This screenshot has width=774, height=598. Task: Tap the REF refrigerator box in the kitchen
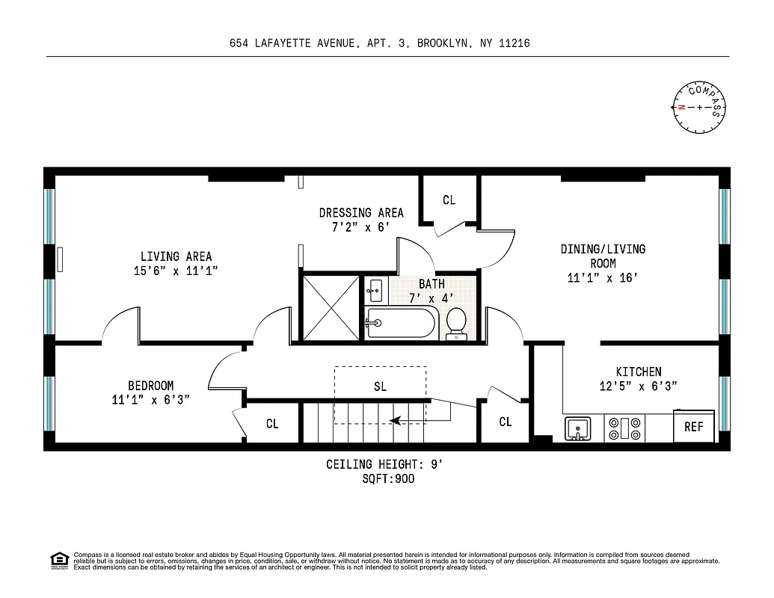click(x=693, y=427)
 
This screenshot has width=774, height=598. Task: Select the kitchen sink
click(x=577, y=429)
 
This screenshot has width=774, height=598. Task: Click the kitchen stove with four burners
click(x=624, y=428)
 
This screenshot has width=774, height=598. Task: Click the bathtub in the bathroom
click(x=400, y=323)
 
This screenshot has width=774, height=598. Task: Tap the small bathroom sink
click(x=375, y=288)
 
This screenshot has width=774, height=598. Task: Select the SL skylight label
click(x=380, y=386)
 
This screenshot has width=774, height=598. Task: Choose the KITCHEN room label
click(x=638, y=372)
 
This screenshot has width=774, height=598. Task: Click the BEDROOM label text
click(x=150, y=386)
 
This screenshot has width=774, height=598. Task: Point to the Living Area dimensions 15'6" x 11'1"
click(x=176, y=271)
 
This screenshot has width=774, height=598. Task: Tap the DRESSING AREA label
click(x=361, y=212)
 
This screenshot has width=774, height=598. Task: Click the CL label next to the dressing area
click(x=449, y=200)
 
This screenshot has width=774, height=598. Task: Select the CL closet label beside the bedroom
click(x=272, y=424)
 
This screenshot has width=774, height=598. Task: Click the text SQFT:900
click(x=387, y=478)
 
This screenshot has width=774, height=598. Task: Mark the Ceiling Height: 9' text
click(x=384, y=464)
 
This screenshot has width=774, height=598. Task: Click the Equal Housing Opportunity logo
click(x=58, y=560)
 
